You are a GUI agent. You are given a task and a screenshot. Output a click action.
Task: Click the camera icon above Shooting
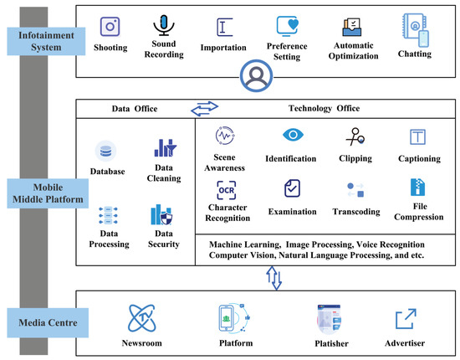point(110,27)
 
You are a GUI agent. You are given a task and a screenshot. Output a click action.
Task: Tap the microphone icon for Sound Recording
point(164,25)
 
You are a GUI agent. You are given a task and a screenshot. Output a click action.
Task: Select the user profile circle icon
point(257,75)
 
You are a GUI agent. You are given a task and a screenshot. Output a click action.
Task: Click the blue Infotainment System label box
point(46,41)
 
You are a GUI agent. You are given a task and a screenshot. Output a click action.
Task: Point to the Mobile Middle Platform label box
point(48,193)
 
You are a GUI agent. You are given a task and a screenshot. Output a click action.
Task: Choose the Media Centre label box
point(48,322)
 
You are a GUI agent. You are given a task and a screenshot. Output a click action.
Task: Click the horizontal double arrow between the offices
point(204,109)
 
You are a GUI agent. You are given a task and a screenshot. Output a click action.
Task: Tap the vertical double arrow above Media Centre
point(274,278)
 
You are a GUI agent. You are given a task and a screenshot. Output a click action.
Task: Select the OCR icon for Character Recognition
point(227,190)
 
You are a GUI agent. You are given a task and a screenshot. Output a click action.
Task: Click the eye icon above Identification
point(293,135)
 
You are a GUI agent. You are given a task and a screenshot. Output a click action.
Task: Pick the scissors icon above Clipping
point(355,136)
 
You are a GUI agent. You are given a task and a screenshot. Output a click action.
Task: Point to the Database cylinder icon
point(105,152)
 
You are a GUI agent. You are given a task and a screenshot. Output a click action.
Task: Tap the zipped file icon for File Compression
point(417,187)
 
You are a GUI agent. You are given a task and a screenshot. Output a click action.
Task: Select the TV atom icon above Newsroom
point(142,318)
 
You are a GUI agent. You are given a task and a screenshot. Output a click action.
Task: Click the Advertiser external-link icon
point(406,319)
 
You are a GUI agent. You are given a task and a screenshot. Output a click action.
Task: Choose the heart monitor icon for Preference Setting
point(288,26)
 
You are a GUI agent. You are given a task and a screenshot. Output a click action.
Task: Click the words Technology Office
point(325,108)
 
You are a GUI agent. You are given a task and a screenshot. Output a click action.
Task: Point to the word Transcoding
point(356,212)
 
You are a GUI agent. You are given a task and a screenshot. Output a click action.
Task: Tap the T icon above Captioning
point(417,136)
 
